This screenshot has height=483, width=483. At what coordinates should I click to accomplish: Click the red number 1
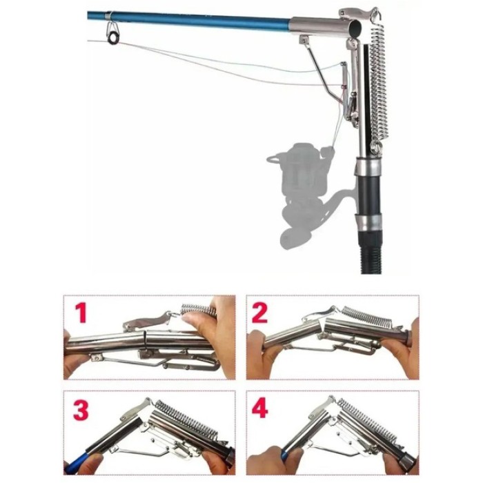click(81, 313)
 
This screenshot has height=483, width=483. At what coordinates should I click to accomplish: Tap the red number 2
click(259, 313)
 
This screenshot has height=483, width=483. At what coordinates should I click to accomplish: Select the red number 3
click(81, 410)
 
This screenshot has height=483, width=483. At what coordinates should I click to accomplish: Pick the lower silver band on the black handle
click(368, 222)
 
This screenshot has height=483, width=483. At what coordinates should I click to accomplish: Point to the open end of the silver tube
click(357, 28)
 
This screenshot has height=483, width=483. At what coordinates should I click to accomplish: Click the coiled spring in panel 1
click(197, 310)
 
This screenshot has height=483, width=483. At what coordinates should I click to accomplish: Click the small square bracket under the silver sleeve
click(304, 39)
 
